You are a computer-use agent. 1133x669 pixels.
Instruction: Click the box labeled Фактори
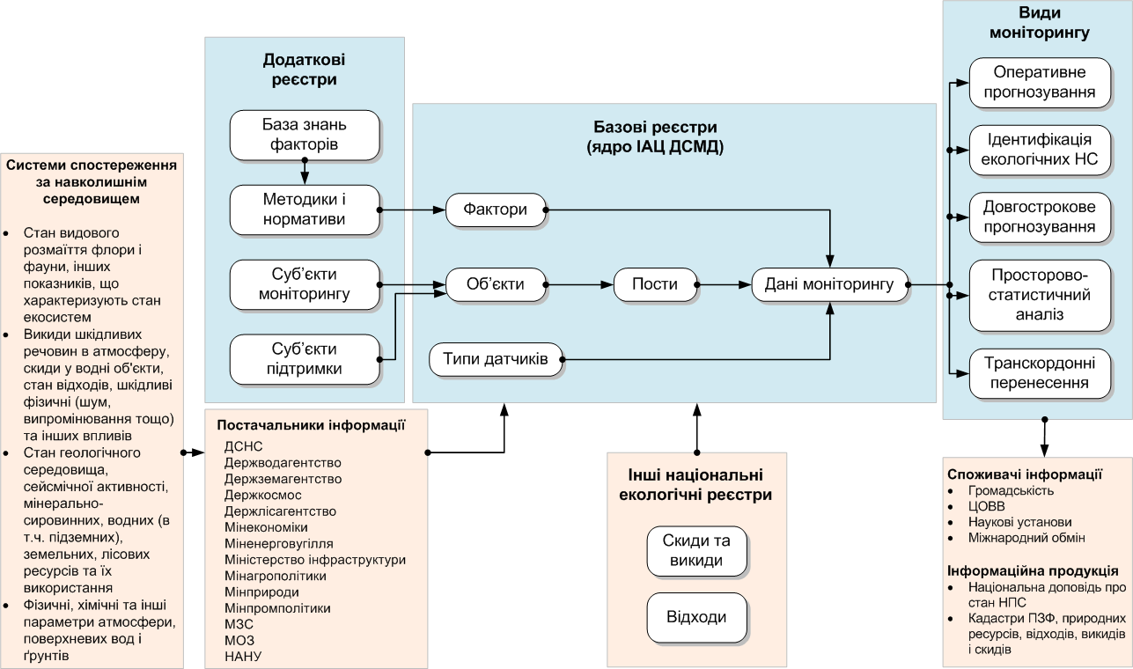coord(497,210)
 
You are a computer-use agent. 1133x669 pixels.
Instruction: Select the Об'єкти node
coord(497,284)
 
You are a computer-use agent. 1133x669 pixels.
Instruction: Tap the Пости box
coord(655,284)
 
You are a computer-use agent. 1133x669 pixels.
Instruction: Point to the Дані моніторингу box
coord(829,284)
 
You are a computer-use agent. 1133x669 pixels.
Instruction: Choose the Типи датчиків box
coord(497,359)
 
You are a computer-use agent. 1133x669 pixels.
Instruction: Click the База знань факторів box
coord(305,135)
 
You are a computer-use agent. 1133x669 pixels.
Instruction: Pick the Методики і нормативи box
coord(305,210)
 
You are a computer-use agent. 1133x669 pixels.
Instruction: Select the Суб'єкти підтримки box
coord(305,359)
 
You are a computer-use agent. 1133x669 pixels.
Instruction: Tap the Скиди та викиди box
coord(697,550)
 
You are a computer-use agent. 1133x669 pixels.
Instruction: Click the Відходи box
coord(697,617)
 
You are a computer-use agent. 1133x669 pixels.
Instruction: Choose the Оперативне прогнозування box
coord(1039,83)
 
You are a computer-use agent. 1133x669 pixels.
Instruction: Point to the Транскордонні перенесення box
coord(1039,372)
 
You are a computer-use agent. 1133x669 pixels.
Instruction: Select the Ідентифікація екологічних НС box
coord(1039,150)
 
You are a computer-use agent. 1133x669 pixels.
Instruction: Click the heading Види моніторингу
coord(1039,24)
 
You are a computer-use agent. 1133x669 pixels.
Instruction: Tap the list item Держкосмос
coord(263,495)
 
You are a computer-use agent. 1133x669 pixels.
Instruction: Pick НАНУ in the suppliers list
coord(244,656)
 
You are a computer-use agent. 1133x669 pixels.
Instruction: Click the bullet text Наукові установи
coord(1007,522)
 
